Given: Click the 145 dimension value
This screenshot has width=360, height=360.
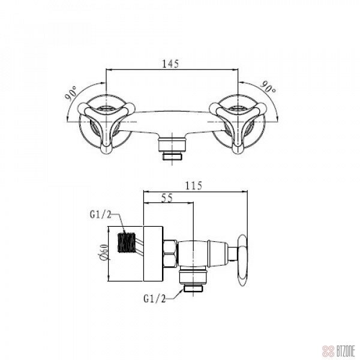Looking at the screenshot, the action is tap(170, 64).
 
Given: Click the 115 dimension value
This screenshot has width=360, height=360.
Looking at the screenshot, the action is tap(194, 185).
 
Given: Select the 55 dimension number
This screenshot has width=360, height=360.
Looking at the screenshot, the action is tap(167, 198).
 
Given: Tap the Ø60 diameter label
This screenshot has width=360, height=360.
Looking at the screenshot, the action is tap(104, 253).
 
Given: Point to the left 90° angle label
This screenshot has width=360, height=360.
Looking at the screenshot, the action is tap(71, 94).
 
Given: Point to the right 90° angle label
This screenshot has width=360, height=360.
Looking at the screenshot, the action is tap(268, 87).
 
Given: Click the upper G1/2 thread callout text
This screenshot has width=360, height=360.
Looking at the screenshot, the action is tap(101, 215).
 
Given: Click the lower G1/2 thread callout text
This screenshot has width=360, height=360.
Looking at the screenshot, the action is tap(155, 299).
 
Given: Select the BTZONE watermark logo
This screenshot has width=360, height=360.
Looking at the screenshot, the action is tap(338, 351).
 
